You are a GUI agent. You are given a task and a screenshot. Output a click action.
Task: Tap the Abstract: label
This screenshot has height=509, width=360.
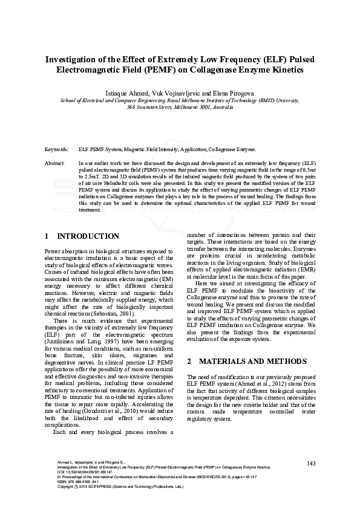click(55, 164)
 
